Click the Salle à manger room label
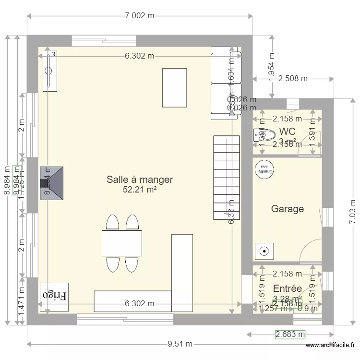pyautogui.click(x=139, y=180)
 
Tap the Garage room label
pyautogui.click(x=288, y=209)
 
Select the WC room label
pyautogui.click(x=287, y=131)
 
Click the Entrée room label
pyautogui.click(x=287, y=288)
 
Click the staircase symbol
pyautogui.click(x=226, y=178)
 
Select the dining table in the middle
pyautogui.click(x=122, y=243)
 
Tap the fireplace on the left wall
pyautogui.click(x=51, y=183)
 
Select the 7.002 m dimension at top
pyautogui.click(x=139, y=16)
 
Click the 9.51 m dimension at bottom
pyautogui.click(x=180, y=344)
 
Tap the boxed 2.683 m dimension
pyautogui.click(x=290, y=334)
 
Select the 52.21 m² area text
pyautogui.click(x=140, y=190)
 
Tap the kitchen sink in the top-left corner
pyautogui.click(x=49, y=70)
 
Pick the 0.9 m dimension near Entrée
pyautogui.click(x=303, y=309)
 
